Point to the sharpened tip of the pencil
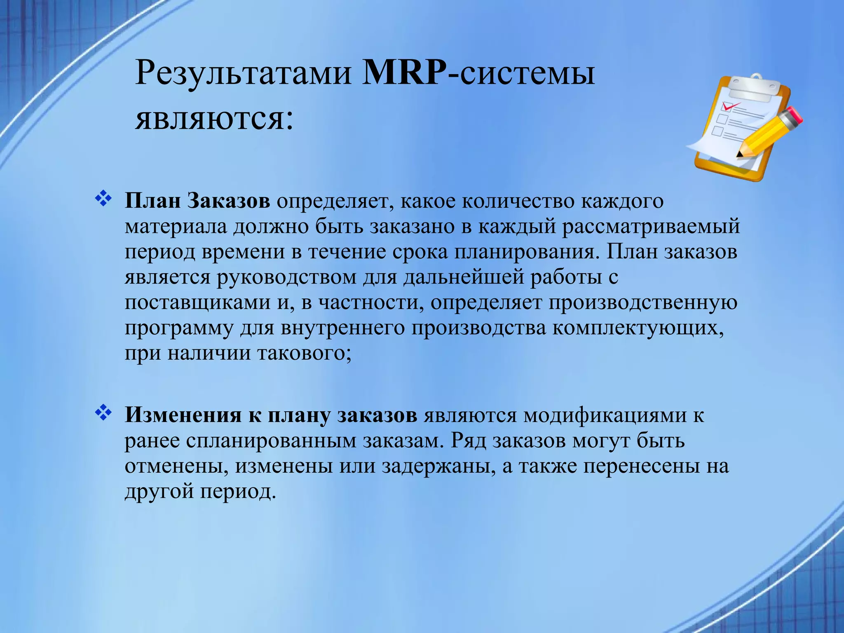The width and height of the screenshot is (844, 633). [739, 156]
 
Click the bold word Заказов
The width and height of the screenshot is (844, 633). [229, 202]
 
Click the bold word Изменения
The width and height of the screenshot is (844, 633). [183, 415]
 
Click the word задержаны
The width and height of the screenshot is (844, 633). [438, 467]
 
